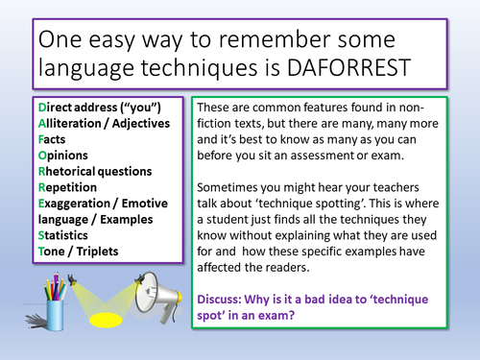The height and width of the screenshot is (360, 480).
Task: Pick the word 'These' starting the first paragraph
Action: tap(217, 108)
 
